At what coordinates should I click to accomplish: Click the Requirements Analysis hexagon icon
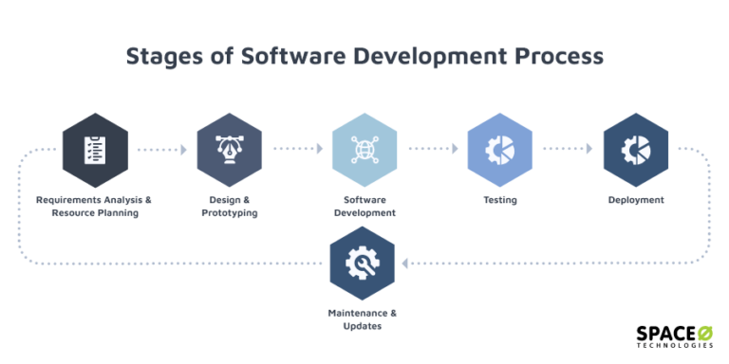94,150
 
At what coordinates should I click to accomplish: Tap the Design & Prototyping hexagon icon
230,150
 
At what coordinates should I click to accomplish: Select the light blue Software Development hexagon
364,150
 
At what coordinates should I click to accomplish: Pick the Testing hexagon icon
499,150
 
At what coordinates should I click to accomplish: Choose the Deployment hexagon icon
636,150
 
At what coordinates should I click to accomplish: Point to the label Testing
499,200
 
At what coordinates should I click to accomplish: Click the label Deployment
636,200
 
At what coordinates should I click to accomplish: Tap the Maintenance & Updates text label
363,319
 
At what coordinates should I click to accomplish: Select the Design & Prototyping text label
230,207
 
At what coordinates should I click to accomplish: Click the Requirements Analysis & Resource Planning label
94,207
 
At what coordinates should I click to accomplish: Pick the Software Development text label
364,207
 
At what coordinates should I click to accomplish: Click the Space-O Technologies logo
674,337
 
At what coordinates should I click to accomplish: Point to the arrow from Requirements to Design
161,150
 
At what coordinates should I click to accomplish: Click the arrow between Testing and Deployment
568,150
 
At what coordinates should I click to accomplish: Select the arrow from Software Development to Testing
433,150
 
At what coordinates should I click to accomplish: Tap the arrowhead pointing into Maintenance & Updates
405,263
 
